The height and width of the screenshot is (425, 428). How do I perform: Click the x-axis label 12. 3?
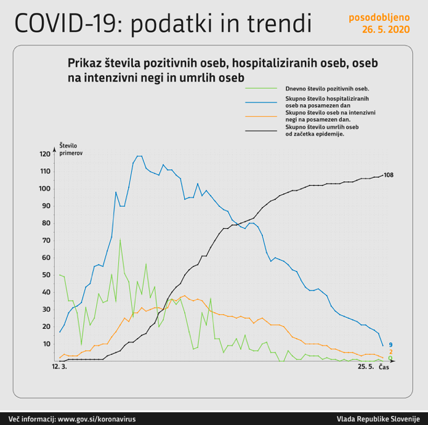tap(59, 368)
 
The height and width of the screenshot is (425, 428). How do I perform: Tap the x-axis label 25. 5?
tap(366, 368)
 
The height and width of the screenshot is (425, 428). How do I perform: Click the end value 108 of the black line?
tap(388, 176)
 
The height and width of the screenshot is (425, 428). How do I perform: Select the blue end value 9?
tap(390, 345)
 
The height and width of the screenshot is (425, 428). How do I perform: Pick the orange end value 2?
tap(390, 352)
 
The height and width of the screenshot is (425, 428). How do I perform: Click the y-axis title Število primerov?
tap(71, 148)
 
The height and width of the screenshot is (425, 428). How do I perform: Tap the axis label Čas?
tap(383, 368)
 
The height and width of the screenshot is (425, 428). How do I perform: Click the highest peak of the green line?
tap(120, 240)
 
